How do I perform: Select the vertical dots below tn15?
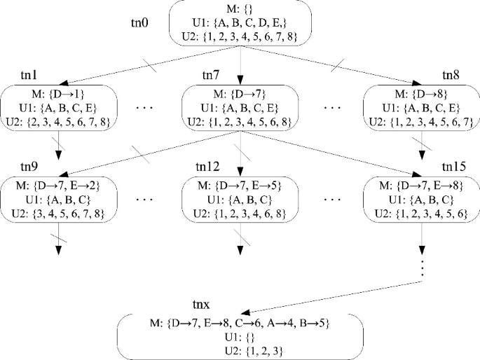pos(422,270)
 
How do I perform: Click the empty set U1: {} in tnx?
pos(239,335)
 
